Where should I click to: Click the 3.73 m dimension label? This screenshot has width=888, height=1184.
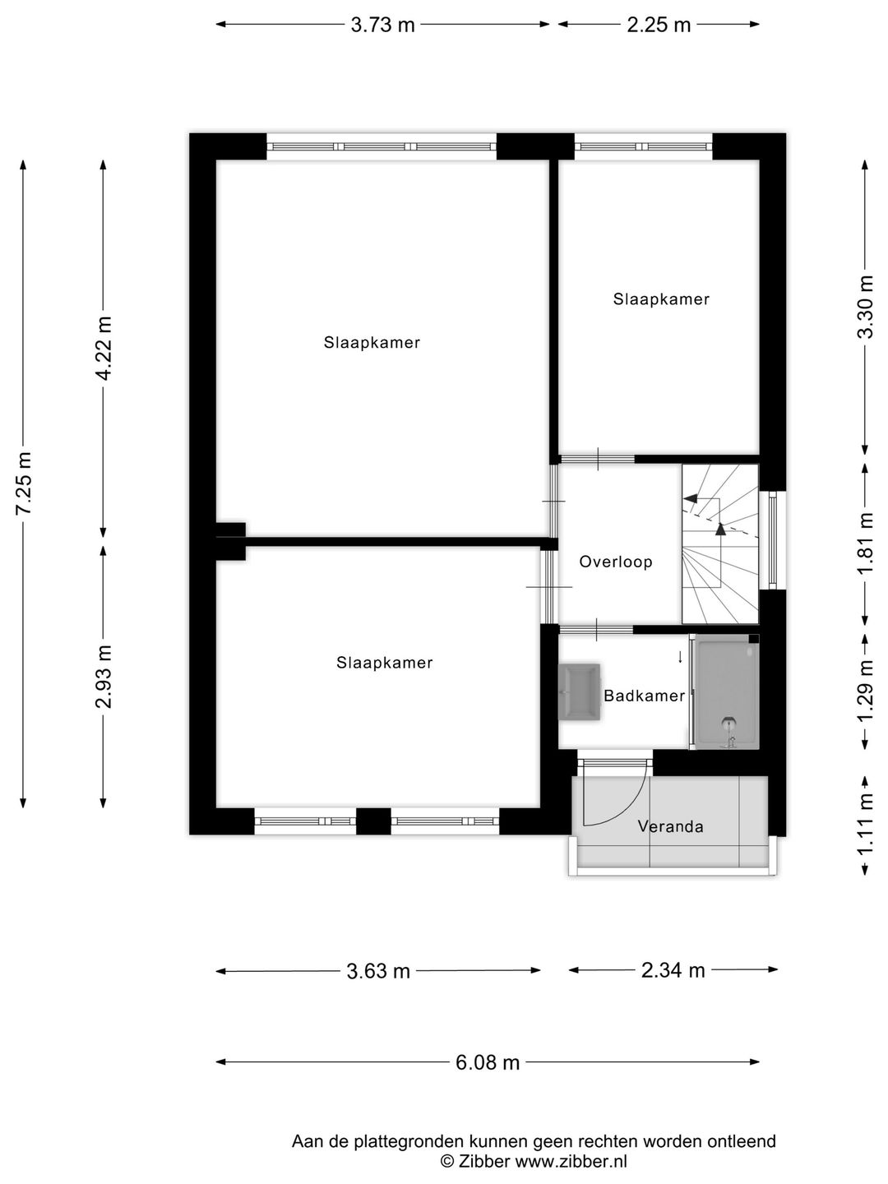click(x=382, y=25)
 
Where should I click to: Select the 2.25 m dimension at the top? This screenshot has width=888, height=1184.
click(x=659, y=25)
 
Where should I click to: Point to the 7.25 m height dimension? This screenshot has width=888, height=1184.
click(x=24, y=483)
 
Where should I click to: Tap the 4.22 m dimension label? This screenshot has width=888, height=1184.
click(x=104, y=348)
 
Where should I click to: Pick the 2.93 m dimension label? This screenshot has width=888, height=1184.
click(x=104, y=676)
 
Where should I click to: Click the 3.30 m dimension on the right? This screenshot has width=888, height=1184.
click(x=865, y=307)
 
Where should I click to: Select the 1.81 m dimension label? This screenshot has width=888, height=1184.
click(x=865, y=544)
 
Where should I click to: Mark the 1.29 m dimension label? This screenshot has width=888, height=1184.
click(x=865, y=691)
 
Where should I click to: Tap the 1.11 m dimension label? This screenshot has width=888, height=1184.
click(x=865, y=825)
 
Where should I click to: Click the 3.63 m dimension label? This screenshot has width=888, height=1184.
click(x=378, y=971)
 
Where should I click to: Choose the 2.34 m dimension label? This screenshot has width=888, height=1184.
click(x=673, y=970)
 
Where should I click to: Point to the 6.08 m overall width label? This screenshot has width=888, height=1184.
click(x=488, y=1062)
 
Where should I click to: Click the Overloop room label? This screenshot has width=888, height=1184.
click(x=616, y=562)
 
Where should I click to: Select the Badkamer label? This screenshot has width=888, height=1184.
click(x=644, y=696)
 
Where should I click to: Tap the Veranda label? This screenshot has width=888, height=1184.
click(x=670, y=826)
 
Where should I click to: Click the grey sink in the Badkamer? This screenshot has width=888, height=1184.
click(x=579, y=691)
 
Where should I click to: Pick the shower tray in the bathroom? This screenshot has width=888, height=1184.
click(x=725, y=692)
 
